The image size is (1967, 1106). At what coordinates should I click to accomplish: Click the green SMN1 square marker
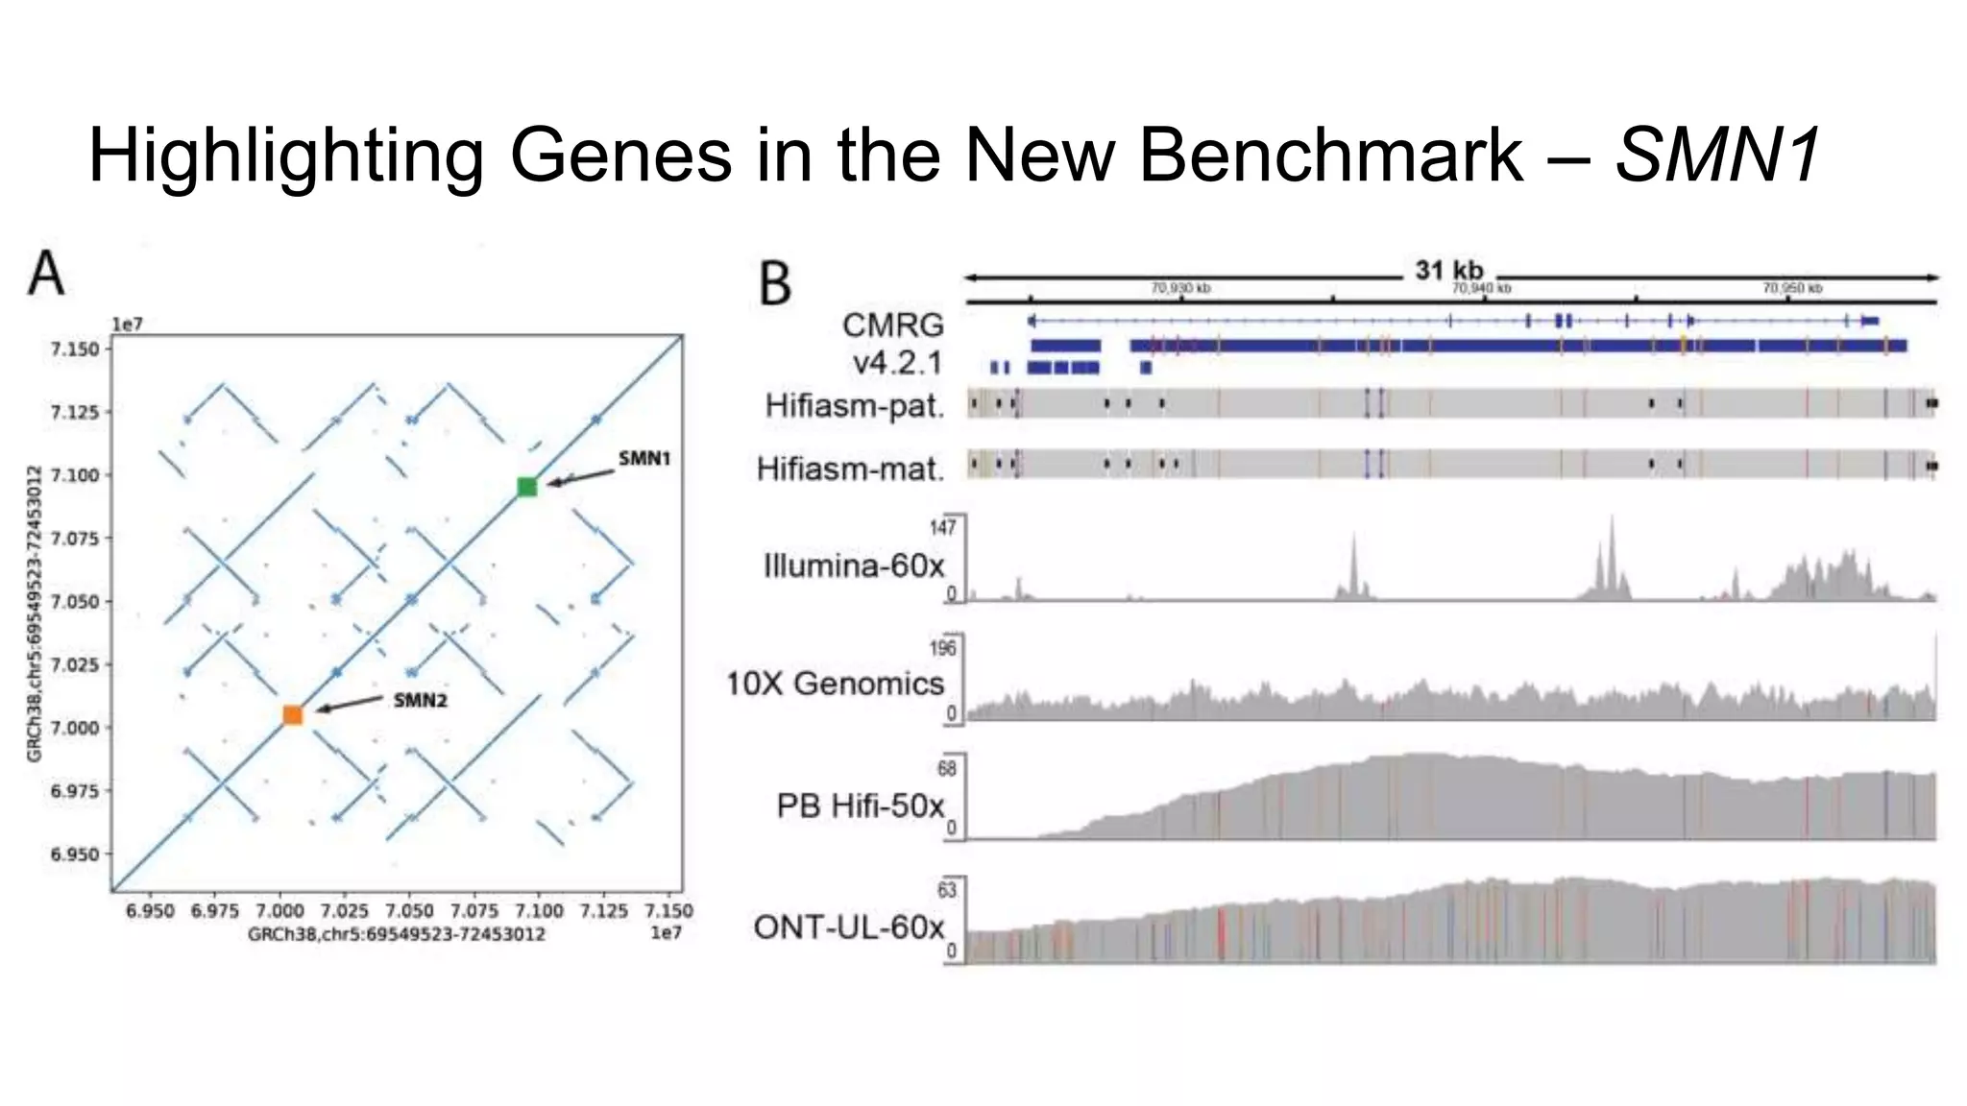tap(526, 487)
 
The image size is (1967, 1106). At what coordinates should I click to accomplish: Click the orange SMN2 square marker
tap(293, 714)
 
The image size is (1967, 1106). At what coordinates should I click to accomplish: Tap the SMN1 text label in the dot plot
tap(644, 458)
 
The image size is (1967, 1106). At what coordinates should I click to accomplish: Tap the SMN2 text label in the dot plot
tap(420, 700)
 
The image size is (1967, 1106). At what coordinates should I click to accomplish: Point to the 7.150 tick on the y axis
tap(75, 349)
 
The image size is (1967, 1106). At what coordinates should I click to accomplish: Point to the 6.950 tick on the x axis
tap(150, 910)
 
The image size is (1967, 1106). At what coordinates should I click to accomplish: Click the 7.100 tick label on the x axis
tap(540, 910)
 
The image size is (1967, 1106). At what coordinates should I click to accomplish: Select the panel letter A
tap(46, 274)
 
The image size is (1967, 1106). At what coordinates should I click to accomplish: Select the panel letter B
tap(775, 284)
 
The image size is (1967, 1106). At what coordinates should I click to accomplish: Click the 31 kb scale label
tap(1448, 271)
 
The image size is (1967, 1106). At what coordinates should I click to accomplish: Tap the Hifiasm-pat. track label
tap(855, 406)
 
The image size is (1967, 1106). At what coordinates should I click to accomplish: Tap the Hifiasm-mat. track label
tap(850, 469)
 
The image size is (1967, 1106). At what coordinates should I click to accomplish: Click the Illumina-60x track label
tap(854, 565)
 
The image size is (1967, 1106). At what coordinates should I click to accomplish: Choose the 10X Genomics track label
tap(835, 683)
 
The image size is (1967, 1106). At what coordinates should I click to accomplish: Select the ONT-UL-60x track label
tap(849, 926)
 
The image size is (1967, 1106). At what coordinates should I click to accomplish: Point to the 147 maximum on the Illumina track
tap(942, 527)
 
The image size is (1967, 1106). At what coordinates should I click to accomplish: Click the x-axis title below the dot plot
tap(396, 934)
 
